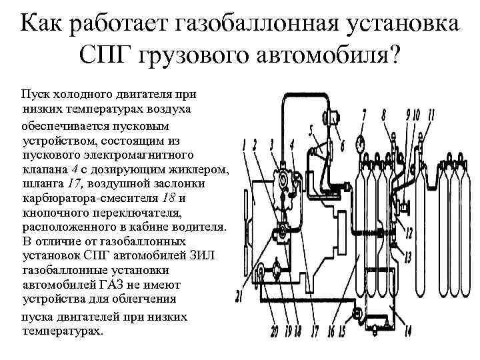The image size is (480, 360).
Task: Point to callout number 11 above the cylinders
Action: coord(431,115)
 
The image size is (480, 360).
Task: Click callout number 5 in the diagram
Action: coord(311,129)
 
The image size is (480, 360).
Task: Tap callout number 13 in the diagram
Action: coord(407,257)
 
